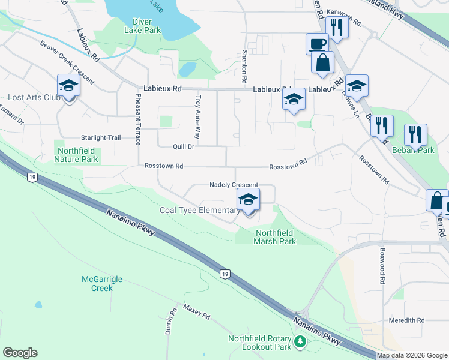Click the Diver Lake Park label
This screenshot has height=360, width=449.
point(143,25)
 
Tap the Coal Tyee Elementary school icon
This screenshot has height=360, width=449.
point(248,201)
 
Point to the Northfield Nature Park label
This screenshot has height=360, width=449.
point(76,155)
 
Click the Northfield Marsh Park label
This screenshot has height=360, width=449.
point(276,237)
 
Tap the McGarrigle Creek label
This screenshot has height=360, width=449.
point(97,283)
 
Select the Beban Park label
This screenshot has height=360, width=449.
point(413,150)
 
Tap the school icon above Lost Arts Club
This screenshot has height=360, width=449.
point(68,86)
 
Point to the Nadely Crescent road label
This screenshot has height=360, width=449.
point(234,185)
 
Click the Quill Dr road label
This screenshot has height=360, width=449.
point(184,146)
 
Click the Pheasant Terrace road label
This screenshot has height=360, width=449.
point(138,119)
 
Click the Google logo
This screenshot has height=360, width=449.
point(20,353)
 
